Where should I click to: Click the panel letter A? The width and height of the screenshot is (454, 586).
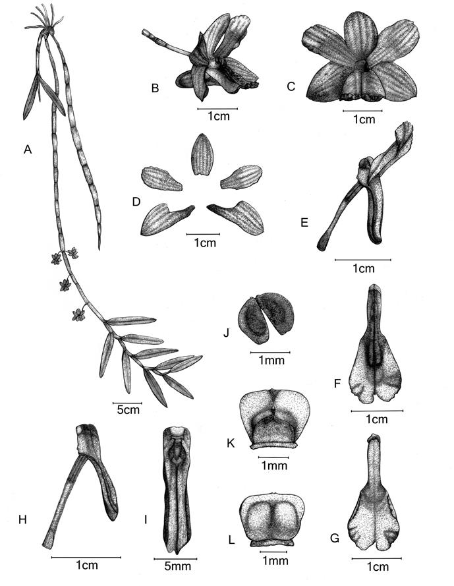coord(27,150)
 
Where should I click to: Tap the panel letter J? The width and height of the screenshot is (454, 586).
coord(226,332)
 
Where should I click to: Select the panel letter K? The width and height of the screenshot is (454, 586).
coord(231,443)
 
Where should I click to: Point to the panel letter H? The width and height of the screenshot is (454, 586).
coord(22,519)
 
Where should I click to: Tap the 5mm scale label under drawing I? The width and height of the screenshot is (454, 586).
coord(177,566)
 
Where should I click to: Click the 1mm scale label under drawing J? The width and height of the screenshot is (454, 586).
coord(271,360)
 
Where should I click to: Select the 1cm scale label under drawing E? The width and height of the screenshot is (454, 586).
coord(364,268)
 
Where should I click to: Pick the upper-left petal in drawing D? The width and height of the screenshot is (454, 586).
coord(161,179)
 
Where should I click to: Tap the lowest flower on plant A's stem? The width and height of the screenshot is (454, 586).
coord(78,314)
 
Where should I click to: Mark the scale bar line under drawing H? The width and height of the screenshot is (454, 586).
coord(86,557)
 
